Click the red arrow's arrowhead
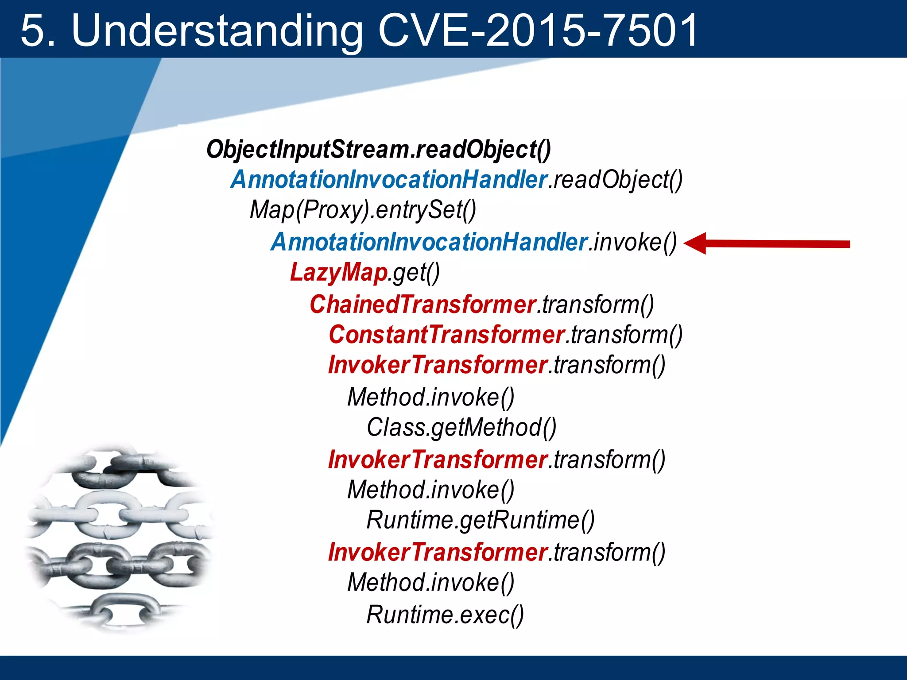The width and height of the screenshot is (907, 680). pyautogui.click(x=695, y=244)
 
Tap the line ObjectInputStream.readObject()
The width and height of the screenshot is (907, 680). pyautogui.click(x=378, y=150)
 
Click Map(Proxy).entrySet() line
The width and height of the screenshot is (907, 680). pyautogui.click(x=363, y=210)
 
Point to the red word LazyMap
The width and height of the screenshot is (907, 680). pyautogui.click(x=338, y=272)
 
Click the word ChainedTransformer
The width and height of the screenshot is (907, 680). pyautogui.click(x=422, y=305)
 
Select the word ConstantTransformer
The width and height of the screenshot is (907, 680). pyautogui.click(x=446, y=335)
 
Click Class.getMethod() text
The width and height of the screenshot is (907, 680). pyautogui.click(x=461, y=428)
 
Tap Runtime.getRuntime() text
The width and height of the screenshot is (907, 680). pyautogui.click(x=481, y=520)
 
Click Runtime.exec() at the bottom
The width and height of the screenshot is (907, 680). pyautogui.click(x=445, y=615)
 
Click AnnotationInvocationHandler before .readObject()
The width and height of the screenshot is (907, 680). pyautogui.click(x=389, y=180)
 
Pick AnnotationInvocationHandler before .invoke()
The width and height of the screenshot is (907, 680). pyautogui.click(x=429, y=243)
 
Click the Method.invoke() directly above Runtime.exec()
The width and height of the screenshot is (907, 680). pyautogui.click(x=430, y=583)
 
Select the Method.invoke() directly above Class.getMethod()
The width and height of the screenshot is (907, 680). pyautogui.click(x=430, y=397)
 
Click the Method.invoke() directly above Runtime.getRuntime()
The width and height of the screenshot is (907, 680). pyautogui.click(x=430, y=490)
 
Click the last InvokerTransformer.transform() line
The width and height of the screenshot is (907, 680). pyautogui.click(x=496, y=552)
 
